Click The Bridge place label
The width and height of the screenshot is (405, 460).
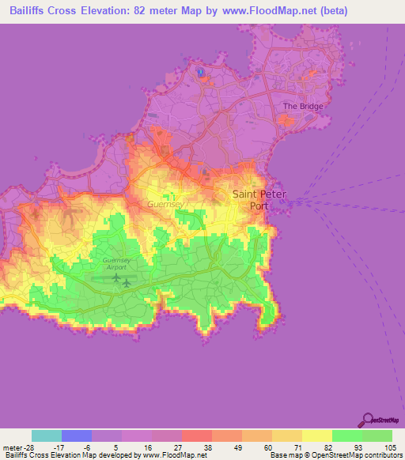(301, 107)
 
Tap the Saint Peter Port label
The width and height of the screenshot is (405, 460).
(259, 199)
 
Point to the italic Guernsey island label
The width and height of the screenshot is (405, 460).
(165, 203)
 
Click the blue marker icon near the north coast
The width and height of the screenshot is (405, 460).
(201, 73)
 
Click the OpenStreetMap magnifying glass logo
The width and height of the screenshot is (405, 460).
(368, 420)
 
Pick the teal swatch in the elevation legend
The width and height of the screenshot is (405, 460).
(47, 435)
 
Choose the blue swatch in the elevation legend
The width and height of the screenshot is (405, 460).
(77, 435)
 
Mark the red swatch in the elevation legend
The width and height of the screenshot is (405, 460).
(197, 435)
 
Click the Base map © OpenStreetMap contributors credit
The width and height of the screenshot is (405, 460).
(335, 455)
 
